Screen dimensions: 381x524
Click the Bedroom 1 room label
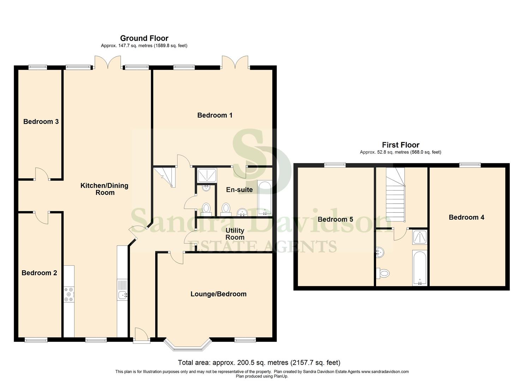(x=215, y=115)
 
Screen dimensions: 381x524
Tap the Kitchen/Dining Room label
(x=104, y=189)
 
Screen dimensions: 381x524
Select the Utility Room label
(x=235, y=234)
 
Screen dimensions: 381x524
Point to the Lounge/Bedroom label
(x=218, y=294)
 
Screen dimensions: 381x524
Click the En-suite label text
(x=239, y=190)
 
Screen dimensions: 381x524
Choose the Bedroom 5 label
(x=335, y=219)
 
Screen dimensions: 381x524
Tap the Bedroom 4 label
(x=466, y=217)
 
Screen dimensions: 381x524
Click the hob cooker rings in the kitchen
(x=69, y=295)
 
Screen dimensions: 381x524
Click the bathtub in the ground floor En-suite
(x=265, y=198)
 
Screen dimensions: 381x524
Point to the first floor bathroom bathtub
(x=420, y=268)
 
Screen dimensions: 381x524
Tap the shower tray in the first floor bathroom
(x=420, y=237)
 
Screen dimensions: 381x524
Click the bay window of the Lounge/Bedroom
(x=188, y=345)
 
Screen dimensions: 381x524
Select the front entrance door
(x=141, y=335)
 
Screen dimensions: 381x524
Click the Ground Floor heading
(x=144, y=38)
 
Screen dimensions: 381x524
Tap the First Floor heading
(x=400, y=145)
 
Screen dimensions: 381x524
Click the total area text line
(x=259, y=363)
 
